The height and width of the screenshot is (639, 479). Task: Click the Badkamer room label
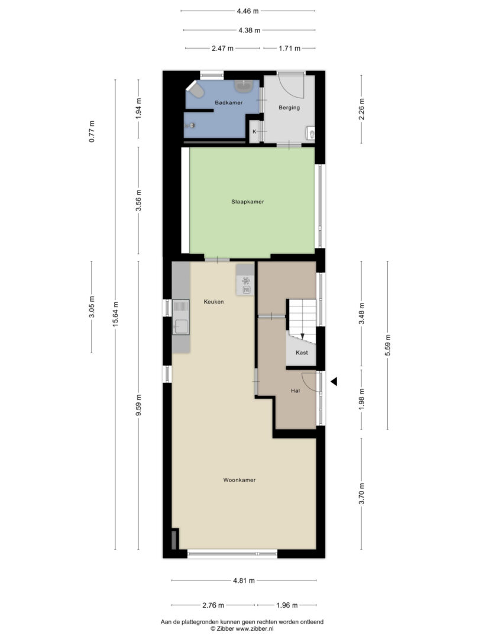click(x=228, y=103)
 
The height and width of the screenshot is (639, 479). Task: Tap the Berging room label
click(x=289, y=108)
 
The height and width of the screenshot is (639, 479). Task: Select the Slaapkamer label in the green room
click(x=248, y=201)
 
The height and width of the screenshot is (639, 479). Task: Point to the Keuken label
click(x=214, y=302)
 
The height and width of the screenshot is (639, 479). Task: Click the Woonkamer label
click(x=239, y=480)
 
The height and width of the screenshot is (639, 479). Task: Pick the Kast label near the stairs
click(x=302, y=353)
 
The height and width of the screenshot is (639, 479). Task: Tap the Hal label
click(x=295, y=390)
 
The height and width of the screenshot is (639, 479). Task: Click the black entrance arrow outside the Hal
click(x=334, y=382)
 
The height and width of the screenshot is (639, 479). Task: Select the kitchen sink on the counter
click(x=180, y=317)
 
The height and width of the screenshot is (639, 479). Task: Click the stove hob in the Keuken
click(x=245, y=280)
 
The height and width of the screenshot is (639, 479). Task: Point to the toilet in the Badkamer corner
click(x=196, y=90)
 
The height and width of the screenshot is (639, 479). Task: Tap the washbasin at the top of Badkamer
click(x=244, y=85)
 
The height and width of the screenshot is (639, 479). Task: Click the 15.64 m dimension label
click(x=115, y=314)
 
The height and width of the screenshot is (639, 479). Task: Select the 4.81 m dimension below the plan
click(x=244, y=580)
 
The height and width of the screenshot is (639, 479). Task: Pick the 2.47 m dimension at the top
click(x=222, y=48)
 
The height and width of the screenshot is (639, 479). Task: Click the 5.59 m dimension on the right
click(x=387, y=345)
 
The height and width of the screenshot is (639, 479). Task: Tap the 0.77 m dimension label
click(x=92, y=131)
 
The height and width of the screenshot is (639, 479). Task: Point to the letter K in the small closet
click(x=254, y=131)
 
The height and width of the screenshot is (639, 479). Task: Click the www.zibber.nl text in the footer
click(x=255, y=629)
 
